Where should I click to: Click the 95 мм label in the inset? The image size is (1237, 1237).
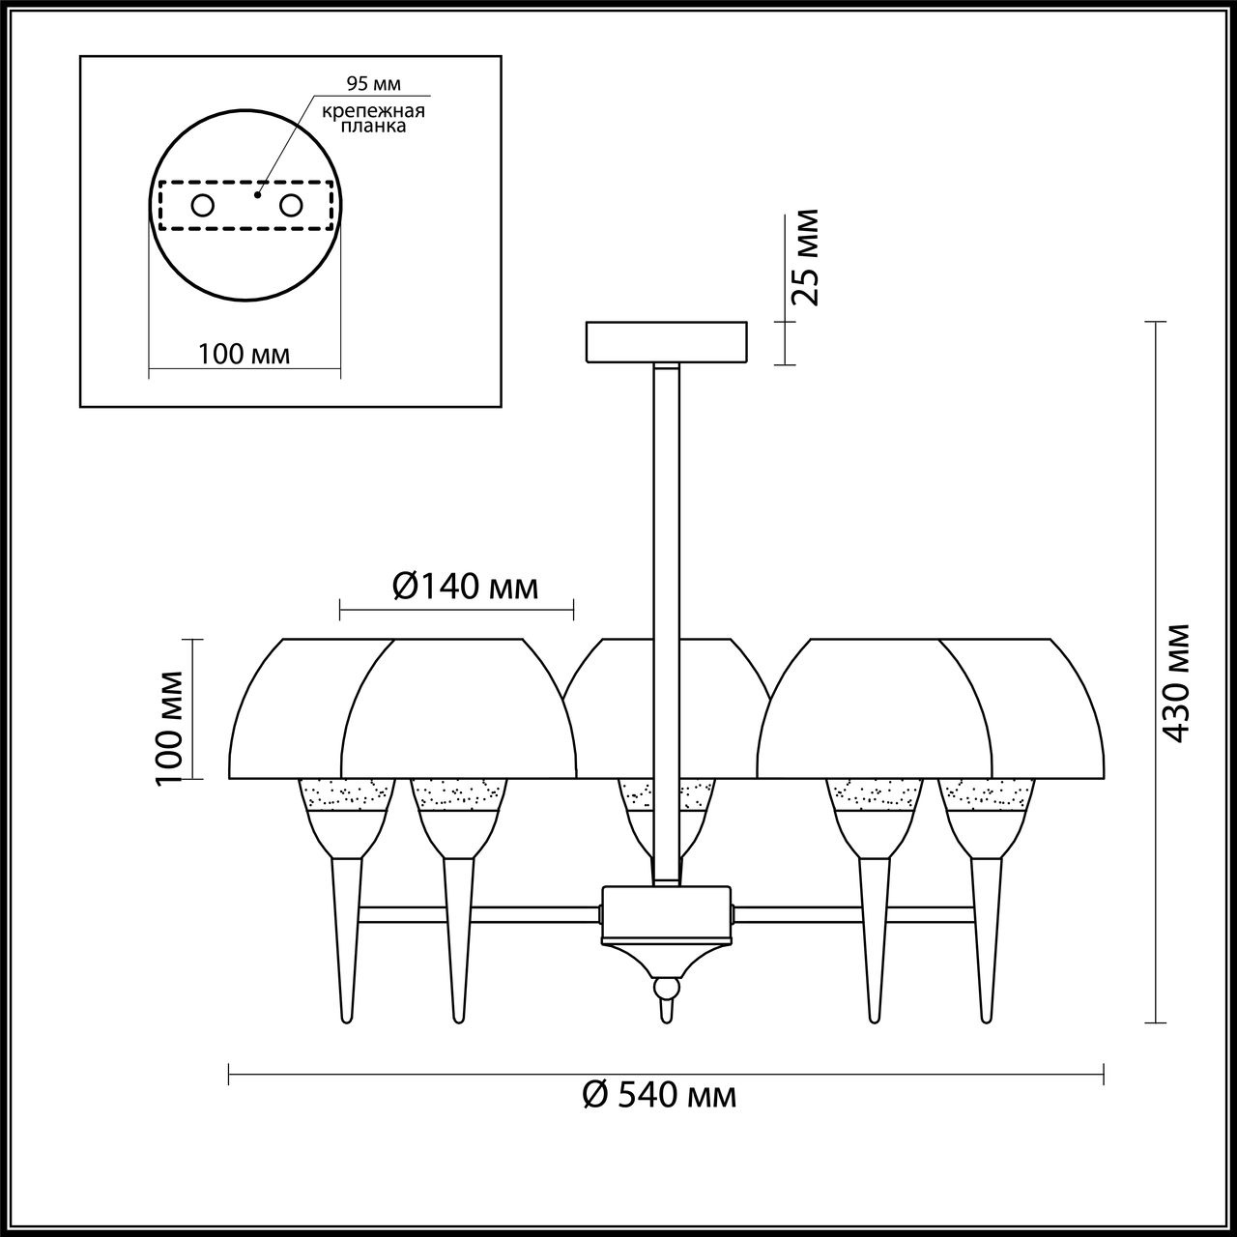pos(373,83)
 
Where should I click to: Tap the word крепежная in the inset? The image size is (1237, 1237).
pos(373,111)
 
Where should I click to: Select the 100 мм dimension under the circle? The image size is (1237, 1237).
pos(244,355)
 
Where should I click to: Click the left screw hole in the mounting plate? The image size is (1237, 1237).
pos(202,206)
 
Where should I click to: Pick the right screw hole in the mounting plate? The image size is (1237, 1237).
pos(290,206)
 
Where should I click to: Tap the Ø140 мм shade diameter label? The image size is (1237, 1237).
pos(464,588)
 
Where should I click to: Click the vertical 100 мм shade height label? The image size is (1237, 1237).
pos(169,728)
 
